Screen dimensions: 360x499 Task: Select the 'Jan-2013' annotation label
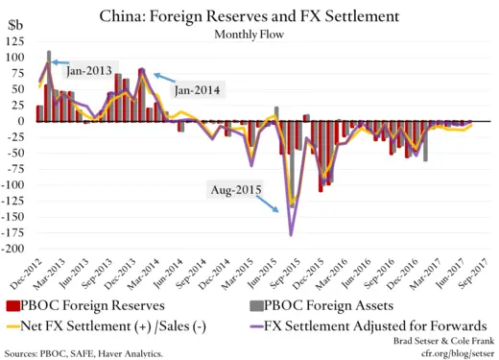coord(88,70)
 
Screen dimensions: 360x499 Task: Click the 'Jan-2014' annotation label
coord(198,90)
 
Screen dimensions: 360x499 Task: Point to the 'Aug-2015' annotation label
coord(236,189)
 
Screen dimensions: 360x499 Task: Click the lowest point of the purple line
coord(291,234)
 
